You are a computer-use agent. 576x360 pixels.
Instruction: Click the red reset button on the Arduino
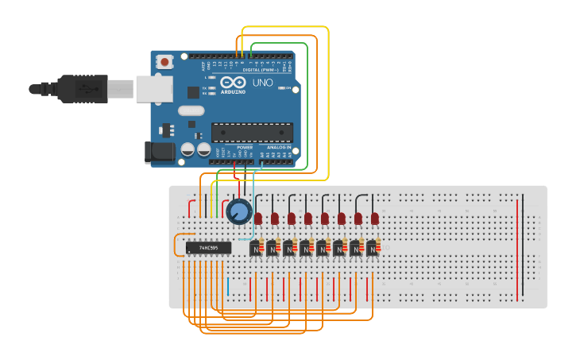point(164,61)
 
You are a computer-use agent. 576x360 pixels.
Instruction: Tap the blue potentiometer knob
point(239,211)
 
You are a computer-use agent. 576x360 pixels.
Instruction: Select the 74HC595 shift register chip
point(208,248)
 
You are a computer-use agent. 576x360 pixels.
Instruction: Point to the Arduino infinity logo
point(234,83)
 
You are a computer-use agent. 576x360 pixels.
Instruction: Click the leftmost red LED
point(258,218)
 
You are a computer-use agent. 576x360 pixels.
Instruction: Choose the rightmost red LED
point(374,218)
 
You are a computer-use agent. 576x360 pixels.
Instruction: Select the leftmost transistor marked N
point(256,249)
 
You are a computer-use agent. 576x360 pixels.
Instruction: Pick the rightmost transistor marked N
point(372,249)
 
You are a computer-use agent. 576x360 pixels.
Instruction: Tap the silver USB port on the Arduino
point(153,88)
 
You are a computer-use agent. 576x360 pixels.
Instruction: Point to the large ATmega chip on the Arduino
point(251,134)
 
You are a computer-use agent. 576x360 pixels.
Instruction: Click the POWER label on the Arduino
point(245,148)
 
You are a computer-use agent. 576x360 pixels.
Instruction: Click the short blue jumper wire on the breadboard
point(228,286)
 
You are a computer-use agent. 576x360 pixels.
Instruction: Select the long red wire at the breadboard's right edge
point(517,249)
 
